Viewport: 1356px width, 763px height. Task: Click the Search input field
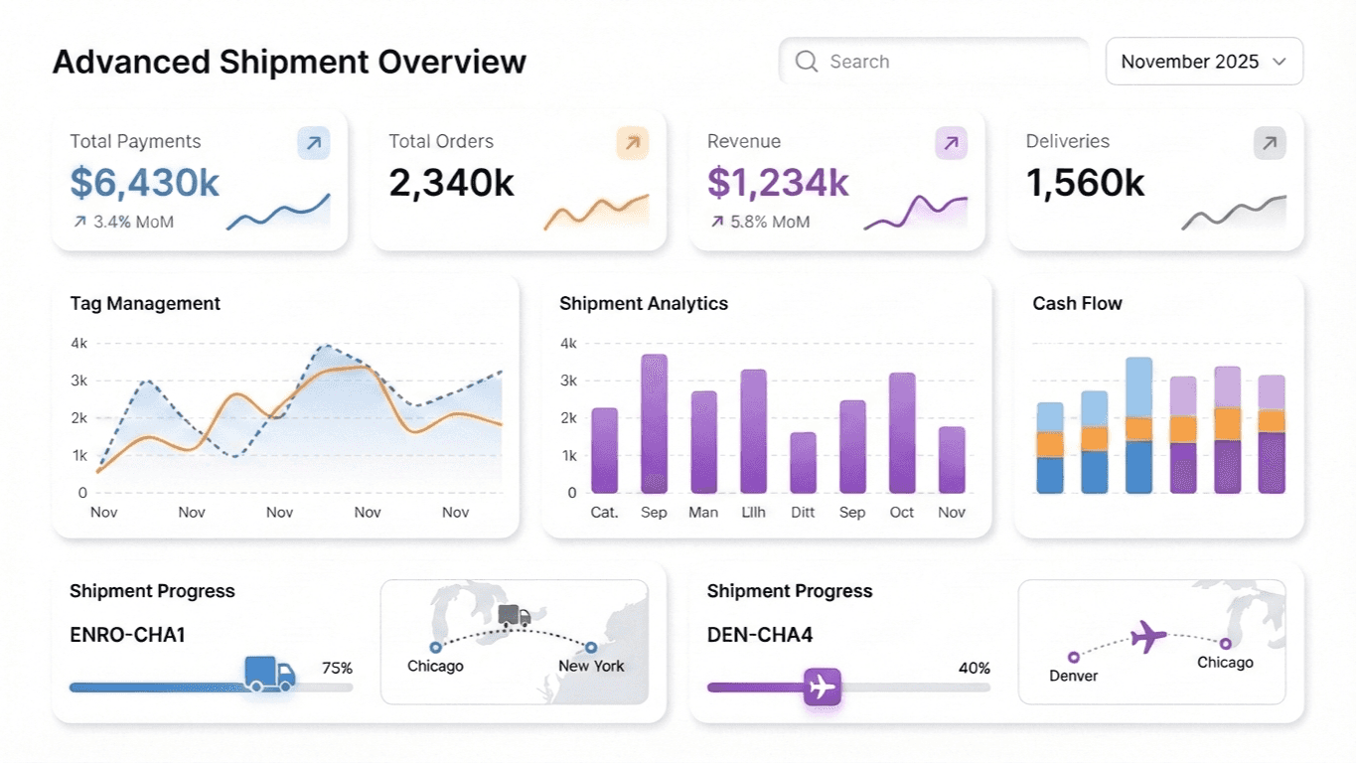click(x=934, y=62)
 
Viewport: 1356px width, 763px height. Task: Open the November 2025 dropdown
click(x=1204, y=62)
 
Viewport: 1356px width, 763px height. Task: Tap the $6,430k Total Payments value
click(x=145, y=183)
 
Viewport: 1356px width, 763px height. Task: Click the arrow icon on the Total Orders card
click(x=633, y=143)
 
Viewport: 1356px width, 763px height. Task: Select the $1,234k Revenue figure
click(x=778, y=183)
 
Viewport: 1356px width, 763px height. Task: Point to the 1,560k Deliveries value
click(x=1085, y=183)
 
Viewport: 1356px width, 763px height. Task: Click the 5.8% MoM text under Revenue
click(x=769, y=222)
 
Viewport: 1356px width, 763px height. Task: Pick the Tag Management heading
click(x=145, y=303)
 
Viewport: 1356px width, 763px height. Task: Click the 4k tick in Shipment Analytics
click(x=568, y=344)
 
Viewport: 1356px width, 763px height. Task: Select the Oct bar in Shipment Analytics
click(x=902, y=432)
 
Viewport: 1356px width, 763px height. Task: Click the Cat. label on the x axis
click(x=604, y=513)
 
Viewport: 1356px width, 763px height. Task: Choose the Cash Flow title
click(x=1077, y=303)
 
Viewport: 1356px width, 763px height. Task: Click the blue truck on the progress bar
click(x=269, y=674)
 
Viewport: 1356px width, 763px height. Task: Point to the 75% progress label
click(x=337, y=669)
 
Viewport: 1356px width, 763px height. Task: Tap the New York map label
click(x=591, y=666)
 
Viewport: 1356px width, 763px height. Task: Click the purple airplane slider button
click(x=822, y=687)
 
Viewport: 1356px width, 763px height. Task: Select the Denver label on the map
click(x=1073, y=676)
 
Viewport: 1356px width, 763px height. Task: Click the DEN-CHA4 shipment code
click(x=760, y=635)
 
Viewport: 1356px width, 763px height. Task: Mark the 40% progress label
click(x=975, y=669)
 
